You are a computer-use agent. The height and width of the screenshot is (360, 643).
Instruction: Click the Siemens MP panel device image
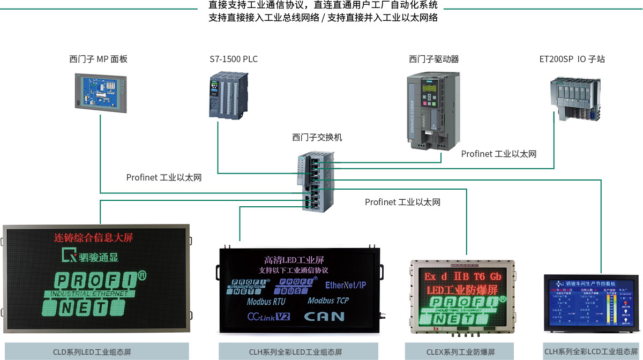coord(100,92)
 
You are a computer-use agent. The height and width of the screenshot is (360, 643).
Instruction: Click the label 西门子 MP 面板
coord(98,59)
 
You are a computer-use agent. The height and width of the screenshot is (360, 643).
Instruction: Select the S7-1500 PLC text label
coord(234,59)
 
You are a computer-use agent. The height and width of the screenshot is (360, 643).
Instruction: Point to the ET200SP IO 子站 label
coord(572,59)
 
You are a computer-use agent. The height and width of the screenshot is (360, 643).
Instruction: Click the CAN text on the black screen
coord(324,316)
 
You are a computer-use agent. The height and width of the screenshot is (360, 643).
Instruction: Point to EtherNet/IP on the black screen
coord(345,286)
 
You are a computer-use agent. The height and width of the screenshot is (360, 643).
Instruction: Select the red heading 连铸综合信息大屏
coord(94,237)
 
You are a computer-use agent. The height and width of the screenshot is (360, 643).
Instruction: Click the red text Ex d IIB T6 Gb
coord(463,276)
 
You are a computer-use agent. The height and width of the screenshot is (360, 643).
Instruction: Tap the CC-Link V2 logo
coord(268,317)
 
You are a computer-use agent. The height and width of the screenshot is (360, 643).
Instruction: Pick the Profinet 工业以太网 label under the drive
coord(499,154)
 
